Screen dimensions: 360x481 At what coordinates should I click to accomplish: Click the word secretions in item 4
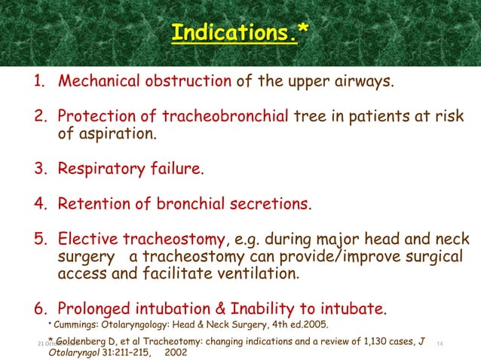(268, 204)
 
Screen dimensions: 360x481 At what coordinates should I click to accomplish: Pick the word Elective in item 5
(87, 240)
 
